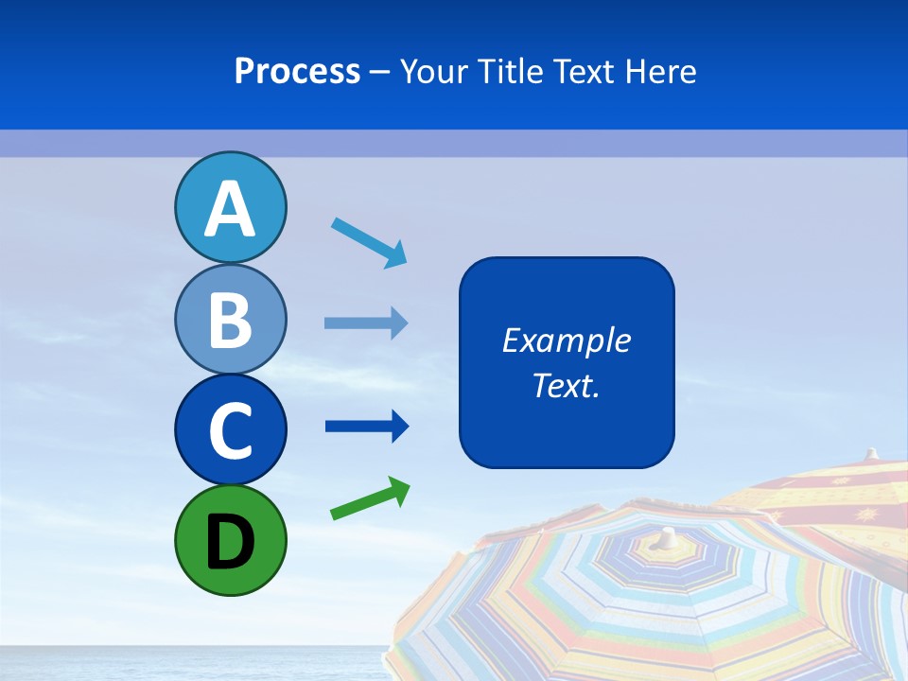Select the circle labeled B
[230, 319]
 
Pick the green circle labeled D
[230, 540]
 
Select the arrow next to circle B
[366, 323]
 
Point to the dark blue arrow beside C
[366, 427]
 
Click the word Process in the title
[297, 71]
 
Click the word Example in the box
[567, 340]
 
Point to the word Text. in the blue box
[567, 385]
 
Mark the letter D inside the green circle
[230, 542]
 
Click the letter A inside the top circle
[230, 210]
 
